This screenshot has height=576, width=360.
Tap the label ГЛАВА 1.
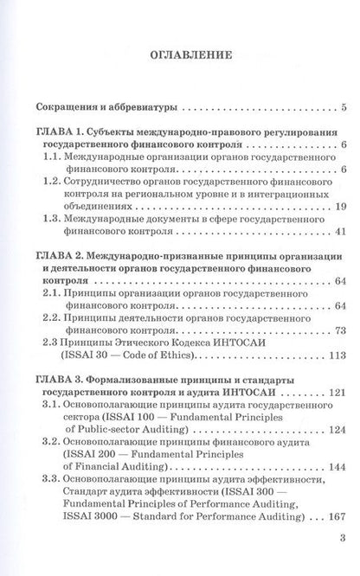tap(49, 128)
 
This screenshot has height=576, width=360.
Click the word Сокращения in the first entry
tap(58, 109)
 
